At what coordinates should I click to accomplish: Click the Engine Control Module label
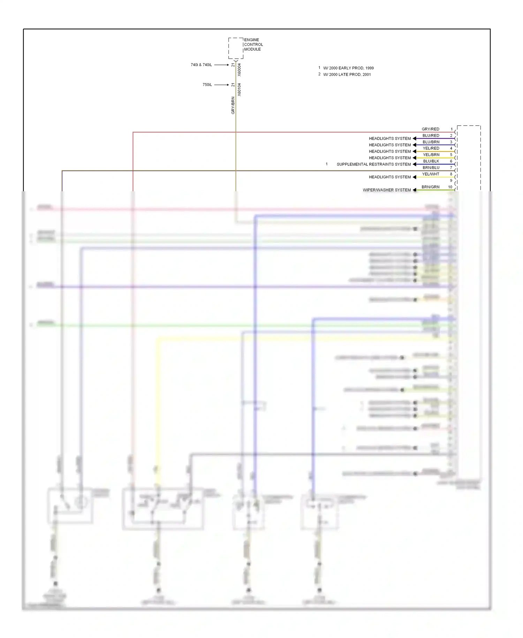pyautogui.click(x=253, y=44)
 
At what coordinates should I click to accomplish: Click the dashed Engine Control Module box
pyautogui.click(x=236, y=48)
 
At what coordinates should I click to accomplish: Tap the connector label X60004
pyautogui.click(x=239, y=70)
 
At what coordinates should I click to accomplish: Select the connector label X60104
pyautogui.click(x=239, y=90)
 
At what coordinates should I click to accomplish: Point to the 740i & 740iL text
pyautogui.click(x=201, y=65)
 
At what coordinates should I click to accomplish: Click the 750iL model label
pyautogui.click(x=207, y=85)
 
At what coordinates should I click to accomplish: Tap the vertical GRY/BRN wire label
pyautogui.click(x=233, y=105)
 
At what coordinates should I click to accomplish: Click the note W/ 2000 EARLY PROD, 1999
pyautogui.click(x=348, y=68)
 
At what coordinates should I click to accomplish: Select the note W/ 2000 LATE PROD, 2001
pyautogui.click(x=347, y=74)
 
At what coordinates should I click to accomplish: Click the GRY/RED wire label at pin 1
pyautogui.click(x=430, y=129)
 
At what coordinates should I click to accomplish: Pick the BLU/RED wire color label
pyautogui.click(x=431, y=135)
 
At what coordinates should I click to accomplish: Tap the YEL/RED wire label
pyautogui.click(x=431, y=148)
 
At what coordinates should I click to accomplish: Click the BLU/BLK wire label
pyautogui.click(x=431, y=161)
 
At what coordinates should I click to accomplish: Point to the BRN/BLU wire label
pyautogui.click(x=431, y=168)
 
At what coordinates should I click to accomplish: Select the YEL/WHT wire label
pyautogui.click(x=431, y=174)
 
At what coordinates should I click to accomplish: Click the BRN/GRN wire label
pyautogui.click(x=430, y=187)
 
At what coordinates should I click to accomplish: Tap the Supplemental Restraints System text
pyautogui.click(x=373, y=164)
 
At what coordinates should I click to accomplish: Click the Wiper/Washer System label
pyautogui.click(x=387, y=190)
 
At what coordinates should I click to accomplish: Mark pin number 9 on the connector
pyautogui.click(x=451, y=180)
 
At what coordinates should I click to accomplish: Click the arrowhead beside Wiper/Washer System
pyautogui.click(x=415, y=190)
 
